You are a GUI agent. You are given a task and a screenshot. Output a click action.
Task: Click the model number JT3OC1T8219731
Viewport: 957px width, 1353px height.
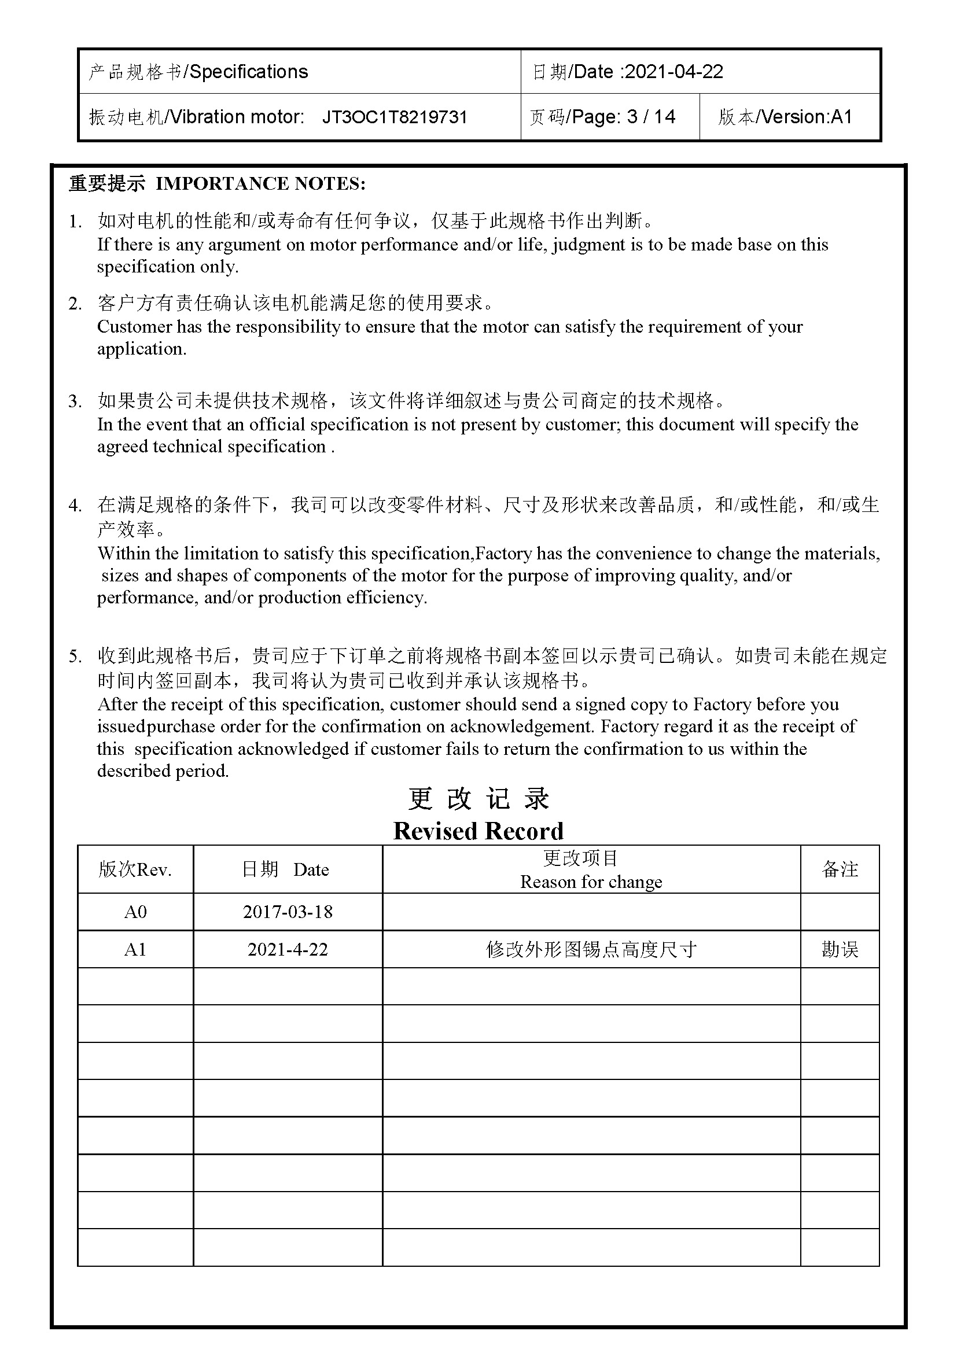pyautogui.click(x=394, y=117)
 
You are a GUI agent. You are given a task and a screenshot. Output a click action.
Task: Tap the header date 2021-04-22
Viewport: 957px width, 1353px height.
pyautogui.click(x=673, y=72)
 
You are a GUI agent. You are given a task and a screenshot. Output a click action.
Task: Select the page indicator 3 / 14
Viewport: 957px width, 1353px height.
pyautogui.click(x=651, y=117)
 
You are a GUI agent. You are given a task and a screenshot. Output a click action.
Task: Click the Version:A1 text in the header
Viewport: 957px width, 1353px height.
pyautogui.click(x=807, y=117)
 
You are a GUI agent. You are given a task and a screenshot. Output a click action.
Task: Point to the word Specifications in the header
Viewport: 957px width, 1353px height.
pyautogui.click(x=249, y=72)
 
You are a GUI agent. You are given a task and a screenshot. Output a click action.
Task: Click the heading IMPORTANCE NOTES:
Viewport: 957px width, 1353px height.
pyautogui.click(x=260, y=184)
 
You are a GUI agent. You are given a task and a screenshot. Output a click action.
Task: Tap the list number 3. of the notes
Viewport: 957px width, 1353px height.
pyautogui.click(x=75, y=402)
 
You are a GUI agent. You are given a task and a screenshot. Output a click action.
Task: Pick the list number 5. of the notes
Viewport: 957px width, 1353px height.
pyautogui.click(x=75, y=657)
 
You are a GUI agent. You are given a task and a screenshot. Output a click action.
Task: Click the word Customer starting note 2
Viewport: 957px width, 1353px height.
pyautogui.click(x=134, y=327)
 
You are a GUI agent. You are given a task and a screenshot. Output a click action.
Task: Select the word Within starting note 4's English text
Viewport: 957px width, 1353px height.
pyautogui.click(x=126, y=554)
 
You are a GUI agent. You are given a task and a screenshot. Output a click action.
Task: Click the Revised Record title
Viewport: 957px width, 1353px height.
pyautogui.click(x=478, y=831)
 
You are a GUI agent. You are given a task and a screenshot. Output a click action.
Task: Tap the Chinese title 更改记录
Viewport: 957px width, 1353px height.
pyautogui.click(x=478, y=799)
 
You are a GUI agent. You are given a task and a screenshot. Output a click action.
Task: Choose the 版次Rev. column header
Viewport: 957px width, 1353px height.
pyautogui.click(x=135, y=870)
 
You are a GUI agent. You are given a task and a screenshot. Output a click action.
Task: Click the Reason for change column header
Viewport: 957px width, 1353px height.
pyautogui.click(x=591, y=882)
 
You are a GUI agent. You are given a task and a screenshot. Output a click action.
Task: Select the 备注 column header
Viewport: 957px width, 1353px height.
pyautogui.click(x=839, y=870)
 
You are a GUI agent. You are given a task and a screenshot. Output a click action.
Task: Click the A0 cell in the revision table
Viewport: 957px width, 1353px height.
pyautogui.click(x=135, y=912)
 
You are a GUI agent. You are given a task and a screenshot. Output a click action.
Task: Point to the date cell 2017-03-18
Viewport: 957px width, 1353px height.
pyautogui.click(x=288, y=912)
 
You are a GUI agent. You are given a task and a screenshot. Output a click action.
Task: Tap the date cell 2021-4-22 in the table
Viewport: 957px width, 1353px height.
pyautogui.click(x=288, y=949)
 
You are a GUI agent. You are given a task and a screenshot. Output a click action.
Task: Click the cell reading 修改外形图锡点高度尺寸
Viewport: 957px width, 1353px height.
pyautogui.click(x=591, y=949)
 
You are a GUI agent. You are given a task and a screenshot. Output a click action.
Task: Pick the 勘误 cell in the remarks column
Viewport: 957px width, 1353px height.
pyautogui.click(x=839, y=949)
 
